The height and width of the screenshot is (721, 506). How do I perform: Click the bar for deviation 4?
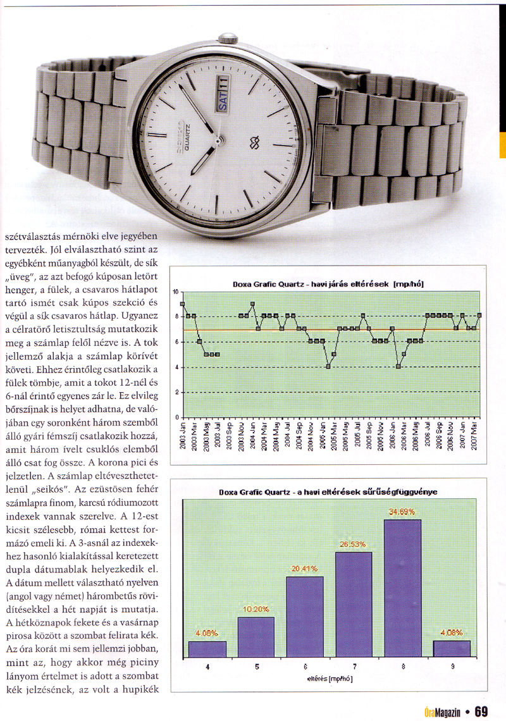pos(207,650)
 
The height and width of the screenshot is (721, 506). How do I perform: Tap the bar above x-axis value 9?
pos(452,650)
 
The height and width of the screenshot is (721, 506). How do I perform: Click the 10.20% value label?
pos(256,610)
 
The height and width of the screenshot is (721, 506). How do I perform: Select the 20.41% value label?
pos(305,569)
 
